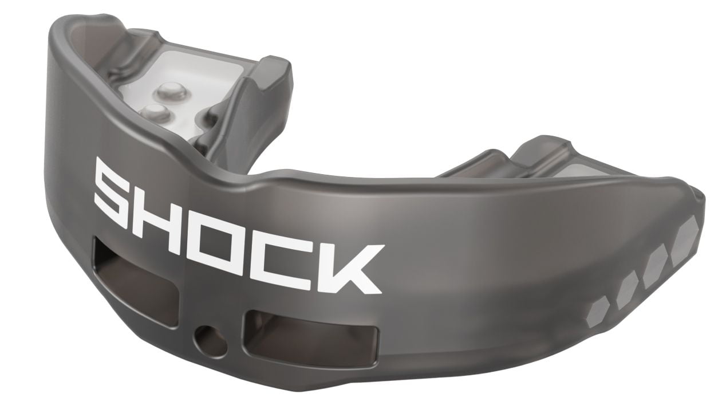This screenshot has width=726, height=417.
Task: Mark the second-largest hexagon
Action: [x=655, y=269]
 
